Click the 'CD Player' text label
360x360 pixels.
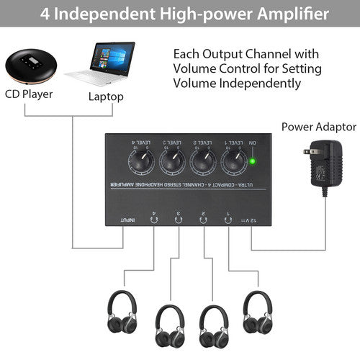(29, 94)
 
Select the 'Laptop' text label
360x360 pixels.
(107, 96)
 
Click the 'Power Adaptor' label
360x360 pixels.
(318, 127)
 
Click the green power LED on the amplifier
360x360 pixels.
(253, 161)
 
